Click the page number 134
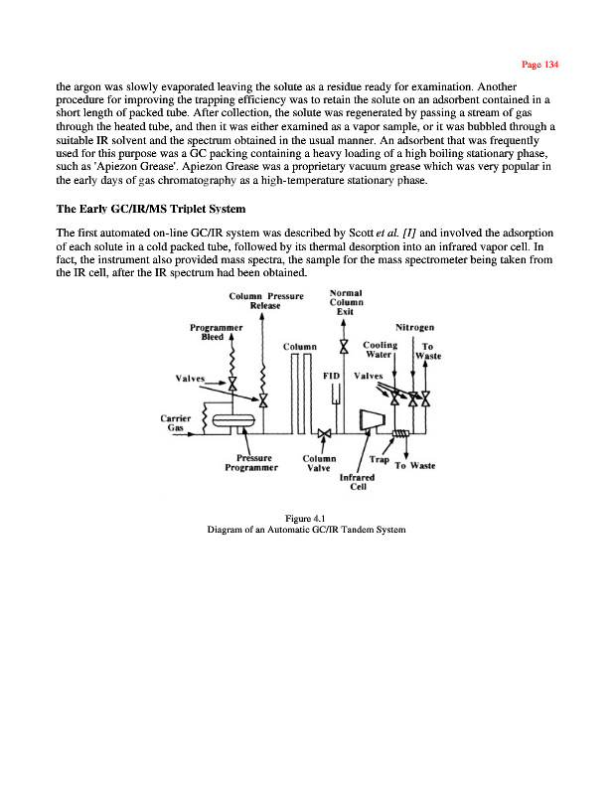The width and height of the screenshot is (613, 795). tap(540, 65)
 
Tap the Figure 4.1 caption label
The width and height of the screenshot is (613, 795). tap(305, 519)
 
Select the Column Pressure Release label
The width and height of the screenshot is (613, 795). tap(265, 300)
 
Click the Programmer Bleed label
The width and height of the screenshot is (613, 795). tap(217, 332)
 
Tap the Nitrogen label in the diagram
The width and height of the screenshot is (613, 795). tap(418, 326)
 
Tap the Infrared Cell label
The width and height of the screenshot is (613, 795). tap(359, 482)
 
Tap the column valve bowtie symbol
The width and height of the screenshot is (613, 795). tap(325, 434)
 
